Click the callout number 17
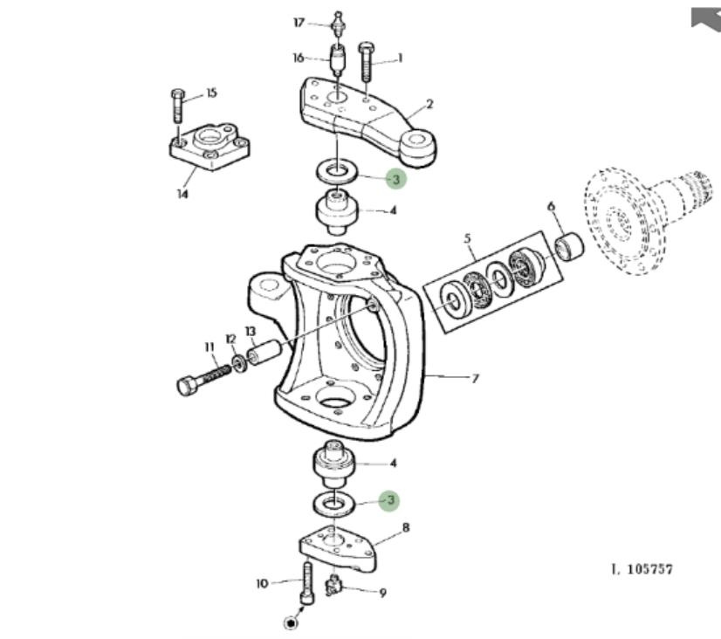[x=299, y=22]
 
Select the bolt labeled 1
[x=366, y=62]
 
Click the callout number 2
[x=429, y=105]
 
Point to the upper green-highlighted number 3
[x=396, y=178]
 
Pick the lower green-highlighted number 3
[x=389, y=499]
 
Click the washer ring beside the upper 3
[x=339, y=172]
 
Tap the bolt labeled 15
[x=178, y=106]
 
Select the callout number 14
[x=182, y=195]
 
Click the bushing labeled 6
[x=569, y=246]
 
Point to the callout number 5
[x=467, y=238]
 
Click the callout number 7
[x=475, y=378]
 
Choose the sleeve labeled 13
[x=264, y=352]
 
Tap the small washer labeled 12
[x=238, y=364]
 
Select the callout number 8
[x=406, y=527]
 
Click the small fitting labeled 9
[x=333, y=587]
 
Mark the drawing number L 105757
[x=642, y=569]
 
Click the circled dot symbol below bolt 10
[x=291, y=623]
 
